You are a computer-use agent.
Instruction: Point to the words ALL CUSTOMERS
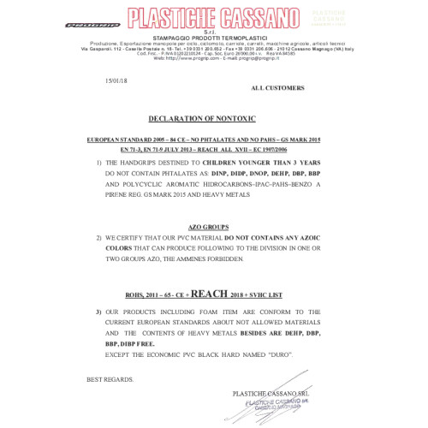click(276, 88)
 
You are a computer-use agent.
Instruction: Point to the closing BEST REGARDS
click(110, 377)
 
